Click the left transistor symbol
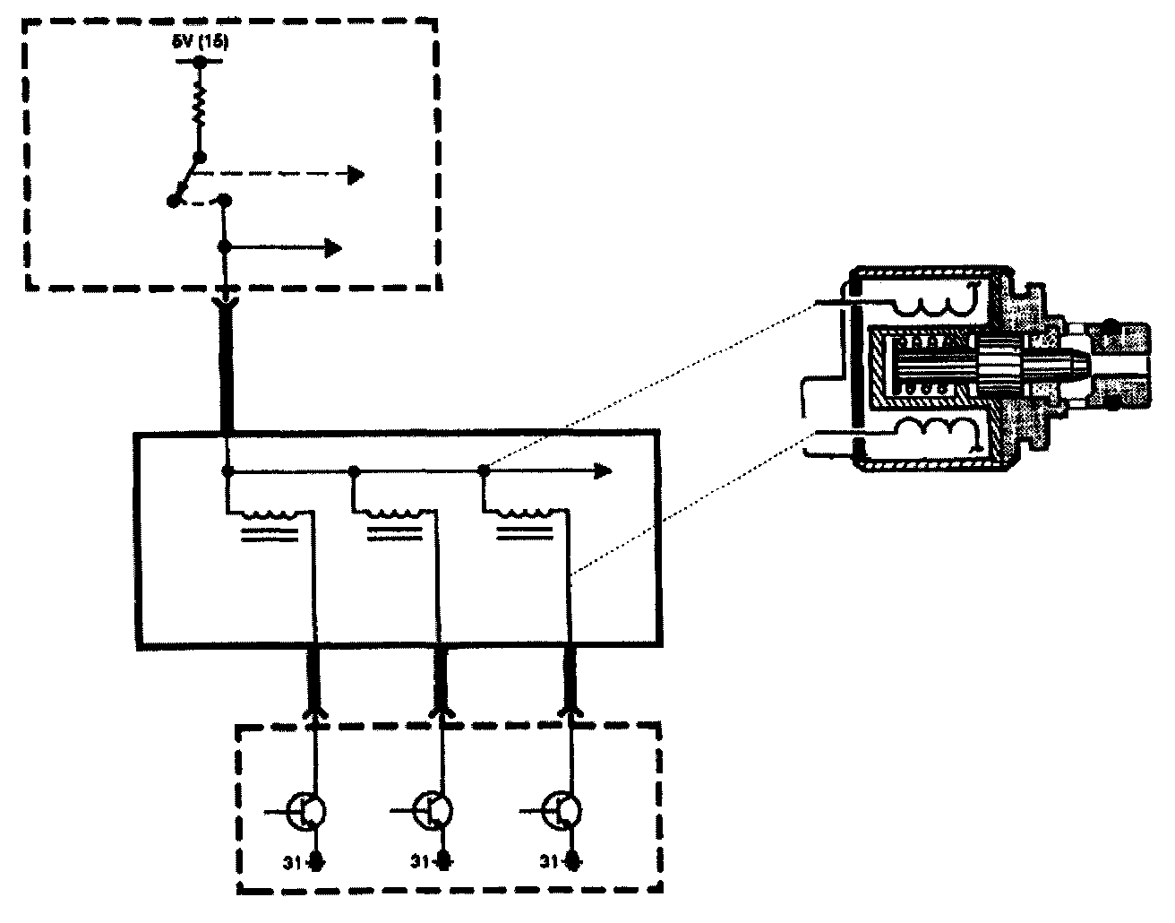[x=308, y=811]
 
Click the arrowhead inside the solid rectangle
[x=604, y=470]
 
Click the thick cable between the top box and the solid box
[x=227, y=367]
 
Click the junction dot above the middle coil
[x=355, y=470]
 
